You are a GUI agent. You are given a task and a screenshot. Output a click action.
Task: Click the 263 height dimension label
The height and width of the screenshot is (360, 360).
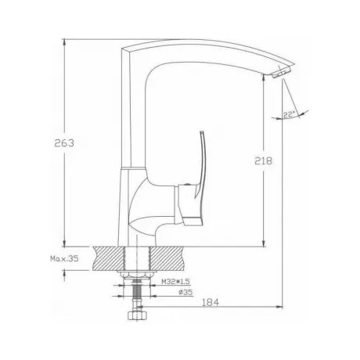tap(64, 143)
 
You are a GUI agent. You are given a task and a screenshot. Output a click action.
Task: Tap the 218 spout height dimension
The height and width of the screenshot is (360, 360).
tap(263, 160)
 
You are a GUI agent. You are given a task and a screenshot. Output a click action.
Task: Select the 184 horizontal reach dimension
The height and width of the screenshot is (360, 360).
tap(211, 302)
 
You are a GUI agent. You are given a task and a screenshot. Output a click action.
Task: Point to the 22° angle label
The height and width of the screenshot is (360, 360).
tap(288, 114)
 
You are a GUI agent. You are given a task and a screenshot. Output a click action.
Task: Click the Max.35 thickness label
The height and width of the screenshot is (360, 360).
tap(64, 259)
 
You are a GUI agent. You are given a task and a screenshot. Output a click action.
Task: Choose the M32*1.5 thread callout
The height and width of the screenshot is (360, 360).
tap(175, 282)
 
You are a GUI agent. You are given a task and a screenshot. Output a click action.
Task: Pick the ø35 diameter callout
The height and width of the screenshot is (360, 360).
tap(185, 292)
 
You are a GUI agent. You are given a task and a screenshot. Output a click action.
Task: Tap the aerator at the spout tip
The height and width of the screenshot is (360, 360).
tap(282, 72)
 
